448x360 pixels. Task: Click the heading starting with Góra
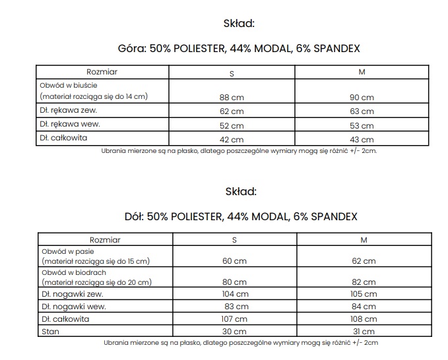pyautogui.click(x=238, y=49)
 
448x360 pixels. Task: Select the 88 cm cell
pyautogui.click(x=232, y=98)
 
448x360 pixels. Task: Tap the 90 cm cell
pyautogui.click(x=362, y=98)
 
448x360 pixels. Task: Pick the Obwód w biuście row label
pyautogui.click(x=69, y=86)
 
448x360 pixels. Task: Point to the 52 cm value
pyautogui.click(x=232, y=125)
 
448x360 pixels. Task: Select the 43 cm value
pyautogui.click(x=362, y=139)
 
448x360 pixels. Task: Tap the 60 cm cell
pyautogui.click(x=235, y=262)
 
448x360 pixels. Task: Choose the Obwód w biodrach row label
pyautogui.click(x=73, y=272)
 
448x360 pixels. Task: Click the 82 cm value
pyautogui.click(x=364, y=282)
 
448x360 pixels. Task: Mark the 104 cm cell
pyautogui.click(x=235, y=294)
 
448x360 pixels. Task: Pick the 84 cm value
pyautogui.click(x=364, y=307)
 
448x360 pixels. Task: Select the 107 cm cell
pyautogui.click(x=235, y=319)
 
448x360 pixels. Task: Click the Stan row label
pyautogui.click(x=49, y=330)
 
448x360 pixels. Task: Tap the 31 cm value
pyautogui.click(x=364, y=331)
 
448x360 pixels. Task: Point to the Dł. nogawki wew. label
pyautogui.click(x=73, y=306)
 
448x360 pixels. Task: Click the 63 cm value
pyautogui.click(x=362, y=111)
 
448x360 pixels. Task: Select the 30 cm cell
pyautogui.click(x=235, y=331)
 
